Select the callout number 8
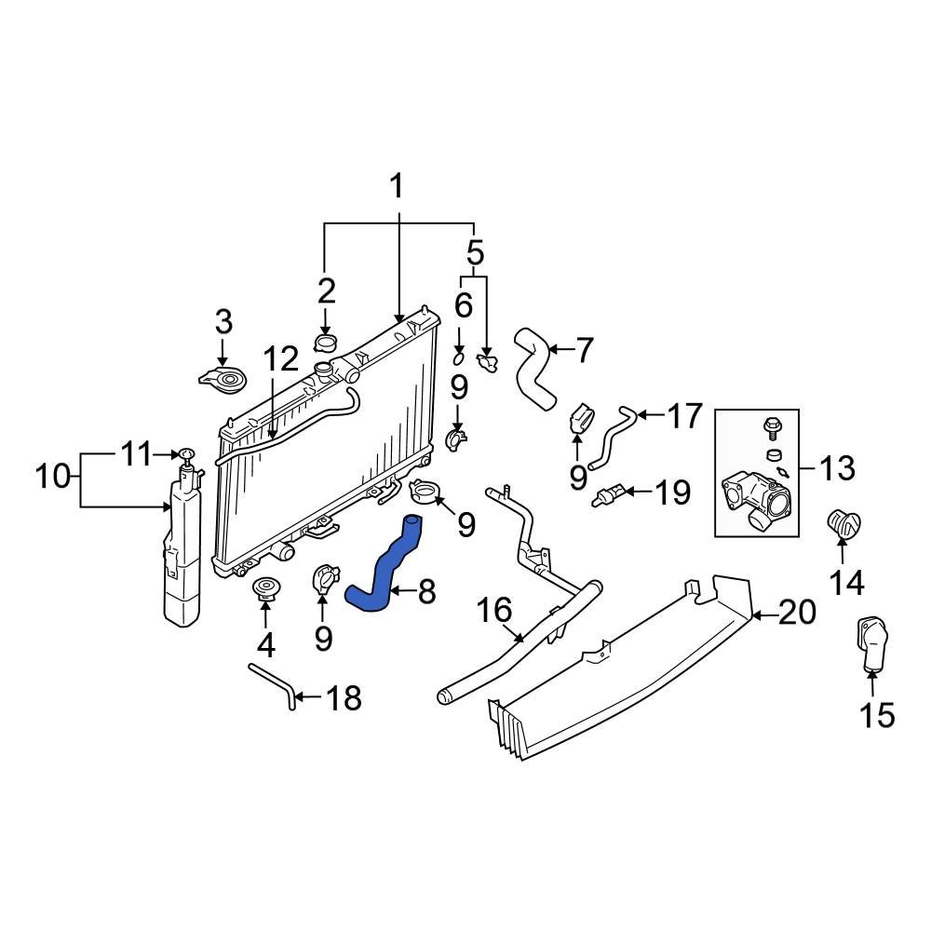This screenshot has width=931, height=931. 425,591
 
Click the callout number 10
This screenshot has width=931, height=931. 54,478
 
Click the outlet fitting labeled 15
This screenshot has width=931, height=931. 872,647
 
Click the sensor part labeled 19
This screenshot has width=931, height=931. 605,493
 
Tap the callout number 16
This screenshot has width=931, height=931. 494,611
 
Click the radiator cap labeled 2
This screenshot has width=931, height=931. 325,345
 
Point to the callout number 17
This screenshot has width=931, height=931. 684,416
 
